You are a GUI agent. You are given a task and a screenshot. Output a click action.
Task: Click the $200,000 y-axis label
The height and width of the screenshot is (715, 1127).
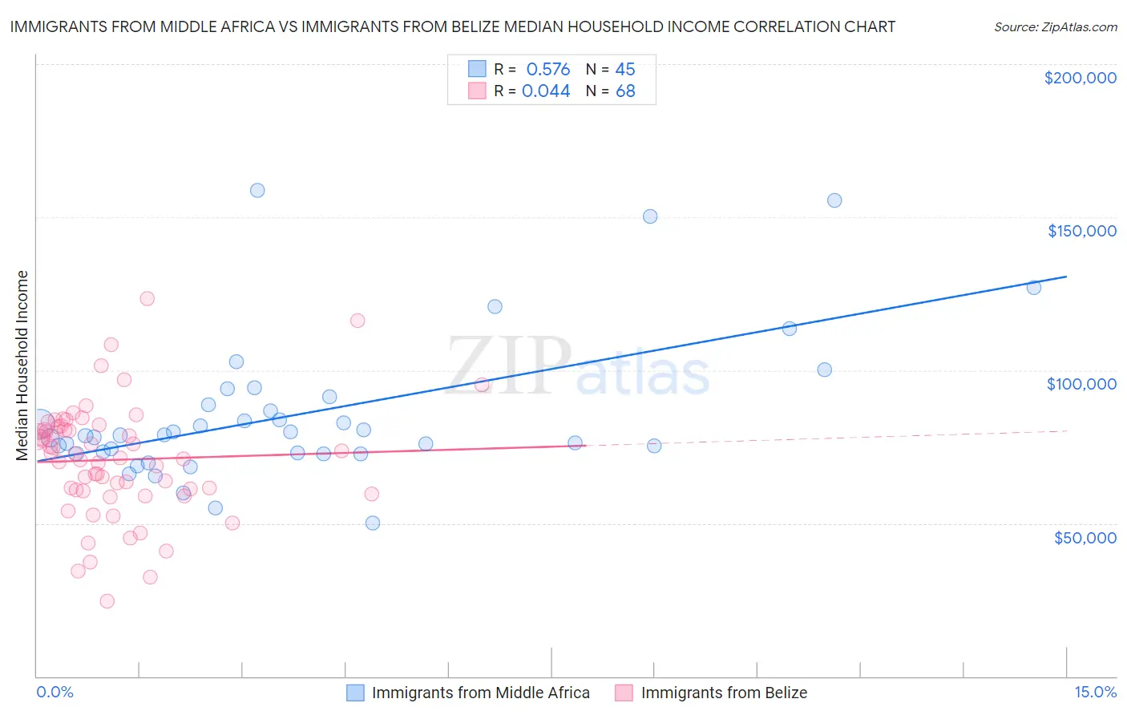[x=1080, y=78]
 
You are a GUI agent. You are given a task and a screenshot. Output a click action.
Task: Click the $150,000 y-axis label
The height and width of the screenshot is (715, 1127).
[x=1081, y=231]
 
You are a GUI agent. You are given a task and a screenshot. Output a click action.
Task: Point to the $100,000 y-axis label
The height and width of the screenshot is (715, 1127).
[x=1081, y=384]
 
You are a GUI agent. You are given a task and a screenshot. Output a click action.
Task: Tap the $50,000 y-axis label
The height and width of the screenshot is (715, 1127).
[x=1085, y=537]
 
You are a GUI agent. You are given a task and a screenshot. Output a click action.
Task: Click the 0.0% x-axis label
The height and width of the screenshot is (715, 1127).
[x=55, y=692]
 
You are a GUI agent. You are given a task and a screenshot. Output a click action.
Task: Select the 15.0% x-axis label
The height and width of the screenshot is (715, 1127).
[x=1095, y=692]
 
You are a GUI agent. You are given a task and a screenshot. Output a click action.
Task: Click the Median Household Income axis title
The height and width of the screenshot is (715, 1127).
[x=22, y=366]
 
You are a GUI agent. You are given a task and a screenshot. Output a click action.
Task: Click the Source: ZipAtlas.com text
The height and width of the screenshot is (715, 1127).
[x=1055, y=27]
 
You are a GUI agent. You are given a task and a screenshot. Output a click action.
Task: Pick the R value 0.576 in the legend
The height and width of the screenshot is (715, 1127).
[x=547, y=69]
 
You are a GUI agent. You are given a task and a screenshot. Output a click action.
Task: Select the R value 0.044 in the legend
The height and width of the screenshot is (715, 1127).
[x=546, y=91]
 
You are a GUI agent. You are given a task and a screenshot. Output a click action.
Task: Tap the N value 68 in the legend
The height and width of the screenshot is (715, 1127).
[x=625, y=91]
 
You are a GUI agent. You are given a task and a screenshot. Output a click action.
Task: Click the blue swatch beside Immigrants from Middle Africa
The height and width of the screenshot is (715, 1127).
[x=355, y=693]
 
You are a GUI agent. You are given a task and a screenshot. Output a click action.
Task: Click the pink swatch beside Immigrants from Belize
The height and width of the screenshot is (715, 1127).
[x=624, y=693]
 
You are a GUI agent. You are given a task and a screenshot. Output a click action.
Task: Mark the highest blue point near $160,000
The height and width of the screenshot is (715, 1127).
[x=257, y=190]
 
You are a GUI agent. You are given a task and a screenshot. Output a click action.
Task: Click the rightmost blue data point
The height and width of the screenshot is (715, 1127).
[x=1034, y=287]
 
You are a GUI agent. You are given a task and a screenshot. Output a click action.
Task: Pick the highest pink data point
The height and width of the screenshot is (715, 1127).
[x=147, y=298]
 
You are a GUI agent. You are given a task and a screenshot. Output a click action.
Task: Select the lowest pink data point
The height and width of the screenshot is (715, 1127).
[x=107, y=601]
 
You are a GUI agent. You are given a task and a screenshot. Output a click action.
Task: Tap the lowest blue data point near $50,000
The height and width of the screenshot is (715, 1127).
[x=373, y=523]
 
